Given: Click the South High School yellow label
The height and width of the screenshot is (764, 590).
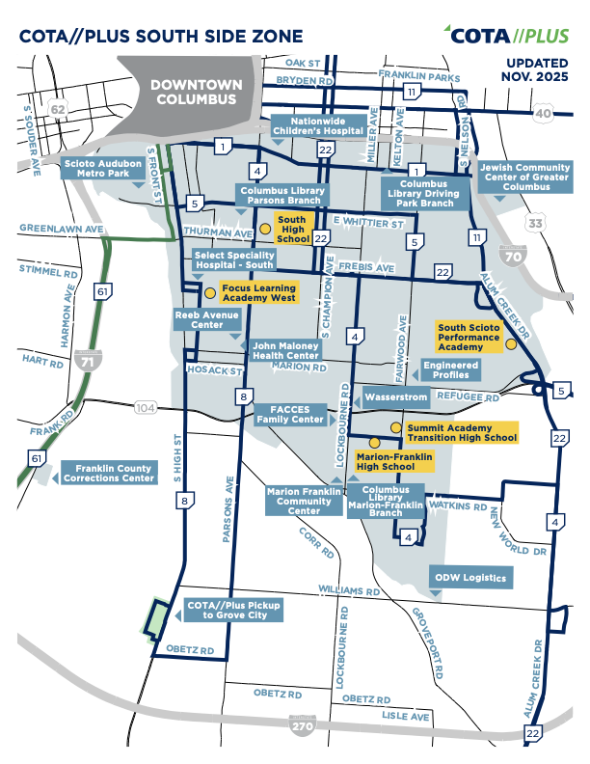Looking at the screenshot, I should coord(291,230).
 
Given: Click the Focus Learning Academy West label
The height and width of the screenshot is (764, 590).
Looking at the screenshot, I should coord(258,292).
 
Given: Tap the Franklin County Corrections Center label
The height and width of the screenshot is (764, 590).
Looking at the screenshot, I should coord(108,473).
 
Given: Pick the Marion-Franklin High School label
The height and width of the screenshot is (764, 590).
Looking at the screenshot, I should coord(391,460).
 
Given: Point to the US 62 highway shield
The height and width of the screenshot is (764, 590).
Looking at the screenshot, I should coord(58,110).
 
